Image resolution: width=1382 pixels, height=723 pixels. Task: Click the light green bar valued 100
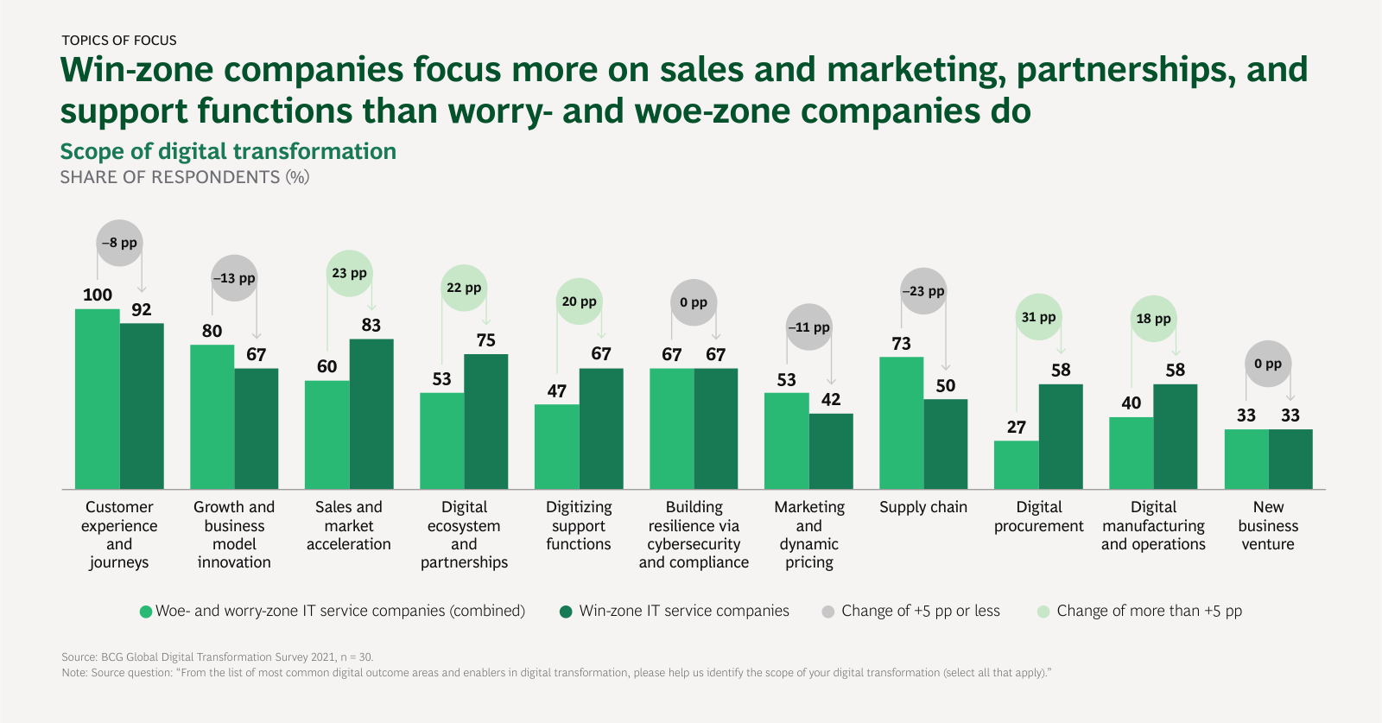[x=98, y=399]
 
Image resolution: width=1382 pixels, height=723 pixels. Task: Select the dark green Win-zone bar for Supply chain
[x=946, y=444]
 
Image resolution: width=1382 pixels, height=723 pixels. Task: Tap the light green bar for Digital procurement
[x=1017, y=465]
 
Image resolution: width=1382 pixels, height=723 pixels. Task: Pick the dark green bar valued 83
[x=371, y=414]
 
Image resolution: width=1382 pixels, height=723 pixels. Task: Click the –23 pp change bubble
[x=923, y=292]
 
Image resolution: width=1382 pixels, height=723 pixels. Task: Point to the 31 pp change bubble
[x=1038, y=317]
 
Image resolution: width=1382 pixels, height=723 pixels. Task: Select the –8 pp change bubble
[x=119, y=243]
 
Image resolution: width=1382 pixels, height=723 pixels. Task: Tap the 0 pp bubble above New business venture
[x=1268, y=364]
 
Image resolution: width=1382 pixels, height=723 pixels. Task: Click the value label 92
[x=142, y=309]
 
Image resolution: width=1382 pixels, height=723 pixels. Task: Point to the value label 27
[x=1017, y=427]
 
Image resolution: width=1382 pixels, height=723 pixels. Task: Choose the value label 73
[x=902, y=344]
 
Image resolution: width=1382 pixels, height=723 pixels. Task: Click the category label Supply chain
[x=923, y=507]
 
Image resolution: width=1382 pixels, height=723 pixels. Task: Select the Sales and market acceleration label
[x=349, y=525]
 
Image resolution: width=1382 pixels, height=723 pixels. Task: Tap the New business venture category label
[x=1268, y=525]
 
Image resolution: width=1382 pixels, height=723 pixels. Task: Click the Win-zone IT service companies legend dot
[x=566, y=612]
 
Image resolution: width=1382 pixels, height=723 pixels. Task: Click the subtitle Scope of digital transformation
[x=228, y=151]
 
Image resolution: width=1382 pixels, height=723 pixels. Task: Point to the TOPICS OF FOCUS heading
[x=119, y=41]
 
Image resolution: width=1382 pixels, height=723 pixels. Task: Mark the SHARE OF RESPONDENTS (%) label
[x=185, y=177]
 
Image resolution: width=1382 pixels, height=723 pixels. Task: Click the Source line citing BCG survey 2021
[x=218, y=657]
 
